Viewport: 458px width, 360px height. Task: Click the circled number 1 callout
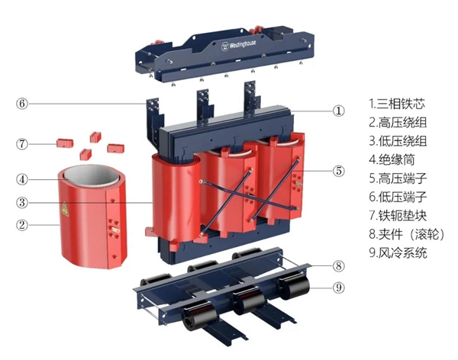point(340,110)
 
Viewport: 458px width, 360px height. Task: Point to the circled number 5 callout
point(340,171)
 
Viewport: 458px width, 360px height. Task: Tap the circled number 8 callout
point(340,265)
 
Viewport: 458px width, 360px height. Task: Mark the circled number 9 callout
point(340,288)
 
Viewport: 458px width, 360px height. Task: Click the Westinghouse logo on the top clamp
point(242,46)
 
